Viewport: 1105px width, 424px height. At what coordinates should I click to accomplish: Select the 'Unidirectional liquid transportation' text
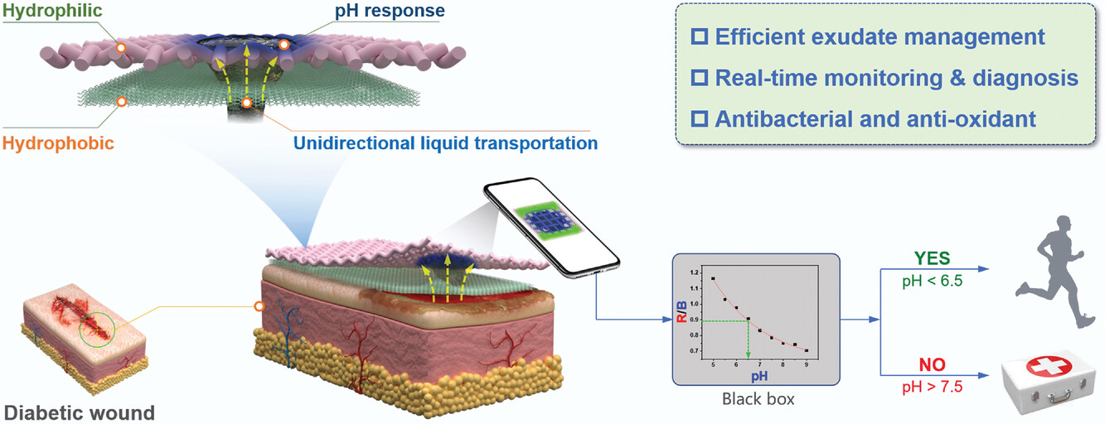(x=445, y=142)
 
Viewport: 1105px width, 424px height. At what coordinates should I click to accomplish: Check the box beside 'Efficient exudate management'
(x=698, y=37)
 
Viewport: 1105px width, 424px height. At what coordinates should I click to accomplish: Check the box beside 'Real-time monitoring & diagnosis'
(x=698, y=79)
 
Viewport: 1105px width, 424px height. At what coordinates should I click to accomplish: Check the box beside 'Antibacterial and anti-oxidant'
(x=698, y=119)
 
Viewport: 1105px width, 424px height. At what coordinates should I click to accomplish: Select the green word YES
(x=932, y=258)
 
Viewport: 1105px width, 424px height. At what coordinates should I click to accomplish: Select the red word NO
(x=932, y=364)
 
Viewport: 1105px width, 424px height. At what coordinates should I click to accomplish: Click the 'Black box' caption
(x=758, y=400)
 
